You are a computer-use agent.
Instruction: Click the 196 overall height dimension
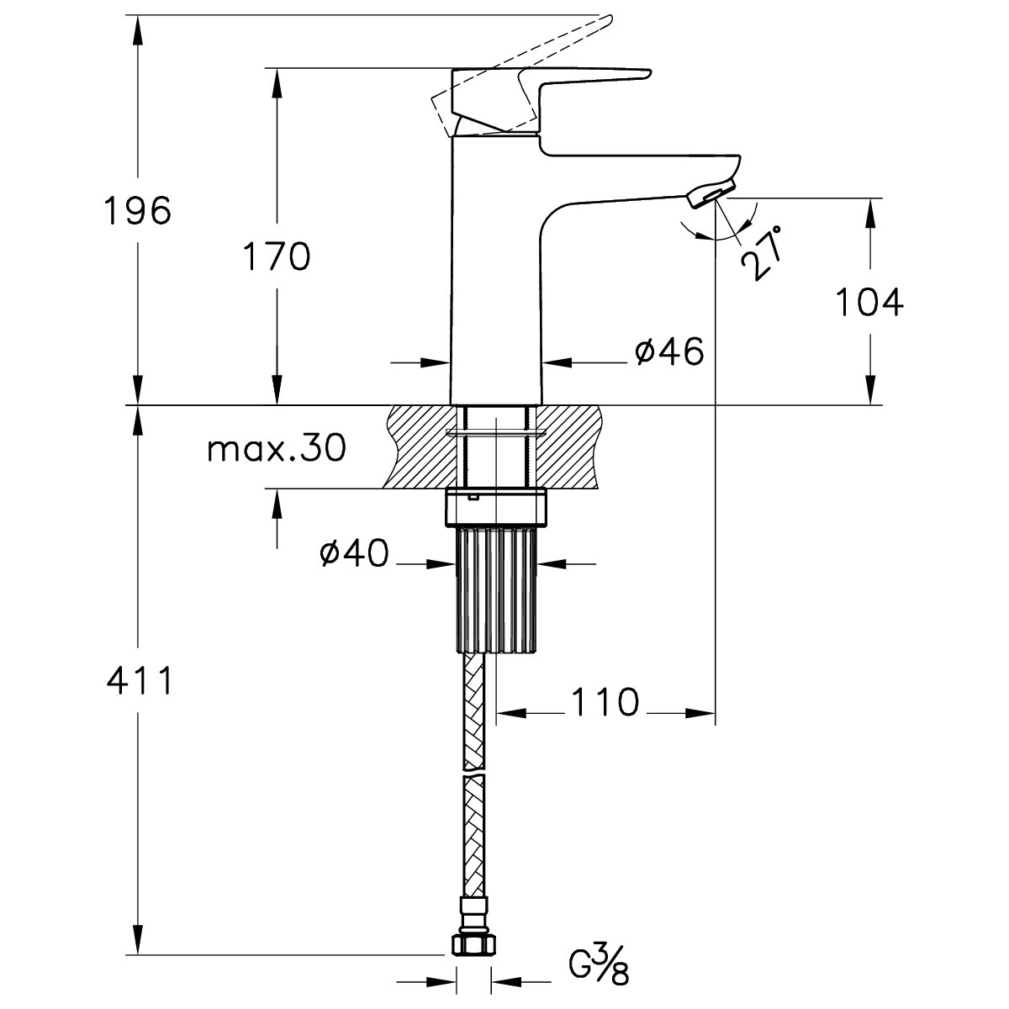click(x=138, y=210)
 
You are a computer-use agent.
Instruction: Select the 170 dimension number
click(x=277, y=256)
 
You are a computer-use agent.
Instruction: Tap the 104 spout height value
click(x=869, y=302)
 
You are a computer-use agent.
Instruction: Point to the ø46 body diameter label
click(x=669, y=351)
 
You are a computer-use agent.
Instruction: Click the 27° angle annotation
click(x=762, y=253)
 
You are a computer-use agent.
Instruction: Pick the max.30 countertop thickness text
click(x=277, y=448)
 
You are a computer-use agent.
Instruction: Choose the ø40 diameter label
click(x=355, y=553)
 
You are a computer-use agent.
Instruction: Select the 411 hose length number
click(x=139, y=681)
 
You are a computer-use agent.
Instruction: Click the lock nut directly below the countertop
click(x=496, y=508)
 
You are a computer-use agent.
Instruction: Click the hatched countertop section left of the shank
click(x=419, y=446)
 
